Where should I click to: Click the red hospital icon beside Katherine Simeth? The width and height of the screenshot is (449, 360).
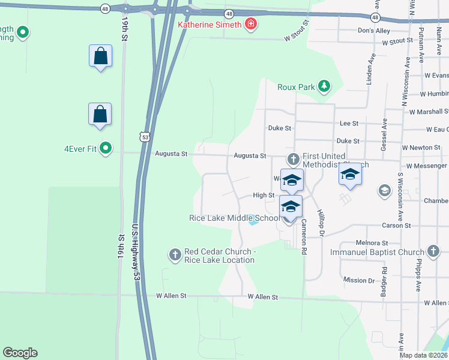pyautogui.click(x=250, y=25)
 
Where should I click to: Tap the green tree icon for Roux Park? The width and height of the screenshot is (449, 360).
pyautogui.click(x=324, y=86)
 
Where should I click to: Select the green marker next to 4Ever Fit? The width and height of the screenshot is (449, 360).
pyautogui.click(x=106, y=147)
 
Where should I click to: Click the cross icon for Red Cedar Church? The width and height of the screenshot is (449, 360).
pyautogui.click(x=175, y=255)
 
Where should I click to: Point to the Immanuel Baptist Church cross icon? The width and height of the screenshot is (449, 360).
pyautogui.click(x=434, y=252)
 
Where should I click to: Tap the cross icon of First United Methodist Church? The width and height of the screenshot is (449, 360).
pyautogui.click(x=293, y=159)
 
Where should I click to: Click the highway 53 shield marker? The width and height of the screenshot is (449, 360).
pyautogui.click(x=145, y=137)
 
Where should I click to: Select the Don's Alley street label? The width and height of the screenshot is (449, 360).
pyautogui.click(x=373, y=31)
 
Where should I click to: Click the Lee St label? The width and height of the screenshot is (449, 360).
pyautogui.click(x=349, y=123)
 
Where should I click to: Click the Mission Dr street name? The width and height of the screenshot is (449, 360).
pyautogui.click(x=359, y=280)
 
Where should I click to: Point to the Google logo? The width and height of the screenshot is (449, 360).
pyautogui.click(x=20, y=353)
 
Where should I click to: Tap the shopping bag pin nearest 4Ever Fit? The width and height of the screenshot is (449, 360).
pyautogui.click(x=100, y=114)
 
